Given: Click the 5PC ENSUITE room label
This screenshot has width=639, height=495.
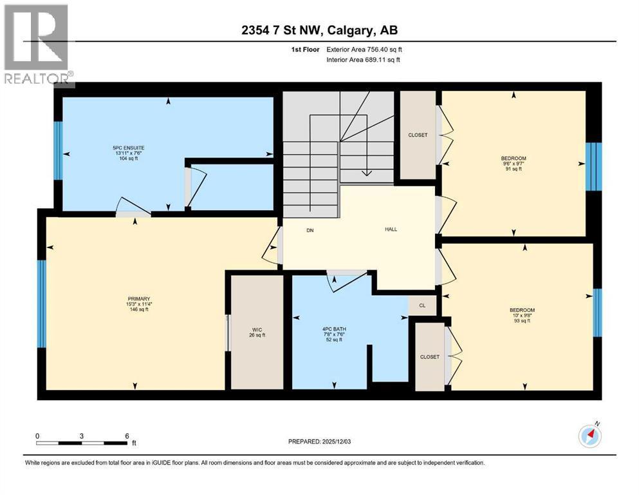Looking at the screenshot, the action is tap(129, 148).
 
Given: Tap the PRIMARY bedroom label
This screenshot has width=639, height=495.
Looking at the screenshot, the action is tap(139, 298).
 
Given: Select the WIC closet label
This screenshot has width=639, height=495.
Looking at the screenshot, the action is tap(257, 330).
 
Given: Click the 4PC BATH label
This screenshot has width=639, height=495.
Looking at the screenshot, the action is tap(334, 329).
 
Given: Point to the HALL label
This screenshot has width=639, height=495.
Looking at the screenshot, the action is tap(391, 229).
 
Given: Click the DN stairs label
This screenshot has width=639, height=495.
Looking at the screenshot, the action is tap(310, 230).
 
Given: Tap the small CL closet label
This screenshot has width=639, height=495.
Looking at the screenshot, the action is tap(422, 306).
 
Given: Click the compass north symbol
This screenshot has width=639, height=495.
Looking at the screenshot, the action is tap(590, 436).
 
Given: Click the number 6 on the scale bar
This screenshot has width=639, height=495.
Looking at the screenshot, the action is tap(127, 436).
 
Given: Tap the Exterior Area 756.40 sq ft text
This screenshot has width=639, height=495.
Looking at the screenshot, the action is tap(364, 50).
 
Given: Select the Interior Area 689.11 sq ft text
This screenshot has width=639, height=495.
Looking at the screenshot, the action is tap(363, 59).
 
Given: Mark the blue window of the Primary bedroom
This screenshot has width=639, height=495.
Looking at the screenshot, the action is tap(42, 304).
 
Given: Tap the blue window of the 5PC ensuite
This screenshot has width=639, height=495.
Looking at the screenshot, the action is tap(59, 151).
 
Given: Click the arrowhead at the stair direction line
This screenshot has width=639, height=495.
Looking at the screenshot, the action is tap(367, 173).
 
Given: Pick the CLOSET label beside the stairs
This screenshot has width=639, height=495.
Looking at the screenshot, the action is tap(418, 135).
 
